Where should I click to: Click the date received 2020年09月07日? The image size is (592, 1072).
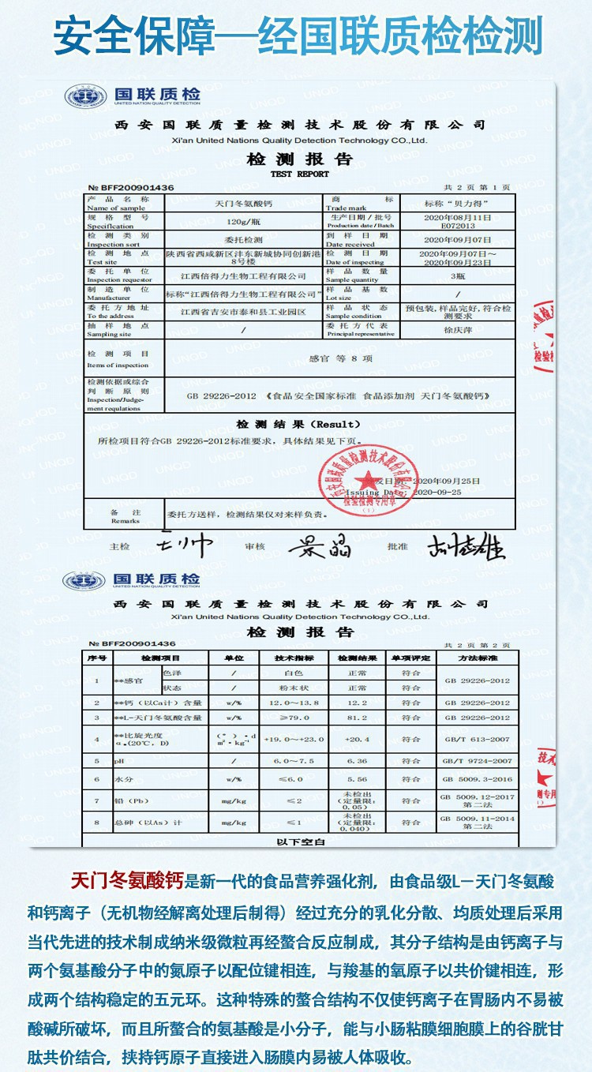(457, 239)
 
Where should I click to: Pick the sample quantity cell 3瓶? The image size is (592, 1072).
(457, 276)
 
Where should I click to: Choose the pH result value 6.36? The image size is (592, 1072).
(356, 761)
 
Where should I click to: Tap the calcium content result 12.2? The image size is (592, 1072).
(356, 702)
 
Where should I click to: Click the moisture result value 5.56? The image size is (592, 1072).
(356, 779)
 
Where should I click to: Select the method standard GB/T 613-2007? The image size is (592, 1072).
(477, 740)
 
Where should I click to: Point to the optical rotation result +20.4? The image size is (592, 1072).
(356, 740)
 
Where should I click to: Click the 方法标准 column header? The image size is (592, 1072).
(477, 658)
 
